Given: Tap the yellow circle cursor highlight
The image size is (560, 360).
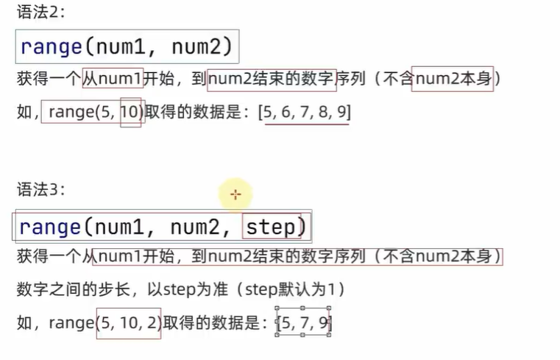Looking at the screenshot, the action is pos(235,194).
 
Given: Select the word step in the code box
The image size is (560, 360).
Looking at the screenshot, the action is pos(270,227).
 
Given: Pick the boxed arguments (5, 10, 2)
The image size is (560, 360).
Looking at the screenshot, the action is pos(128,322).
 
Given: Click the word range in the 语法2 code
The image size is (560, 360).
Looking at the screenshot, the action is pos(51,48).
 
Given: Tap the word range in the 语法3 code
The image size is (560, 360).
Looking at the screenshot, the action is pos(51,227).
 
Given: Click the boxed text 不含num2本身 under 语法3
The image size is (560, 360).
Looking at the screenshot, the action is pos(442,257).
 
